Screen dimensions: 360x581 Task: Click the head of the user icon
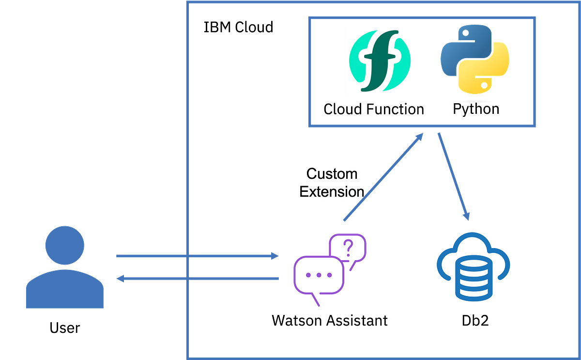click(x=64, y=245)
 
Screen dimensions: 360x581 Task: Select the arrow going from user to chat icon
click(x=194, y=255)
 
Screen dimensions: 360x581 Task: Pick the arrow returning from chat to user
click(x=194, y=279)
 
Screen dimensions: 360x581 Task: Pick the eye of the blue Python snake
click(x=464, y=34)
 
